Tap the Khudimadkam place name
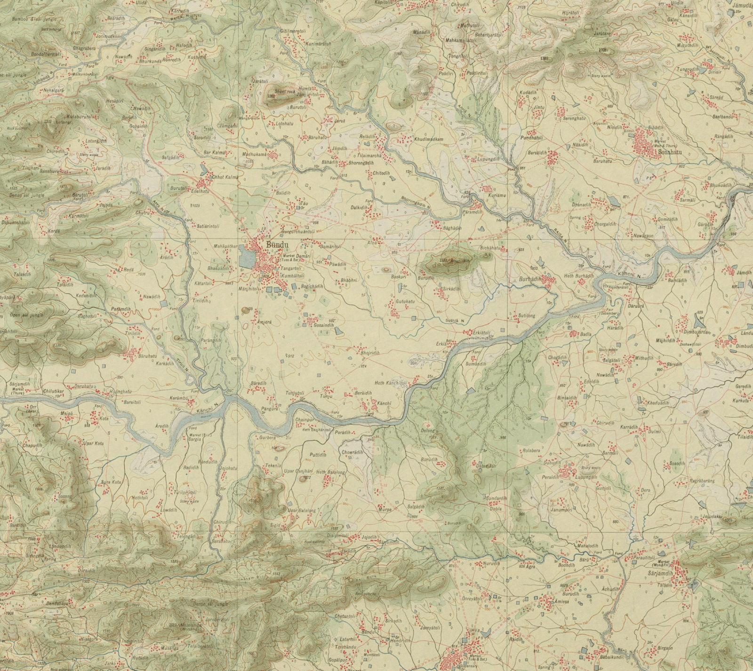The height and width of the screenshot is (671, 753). [x=429, y=140]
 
